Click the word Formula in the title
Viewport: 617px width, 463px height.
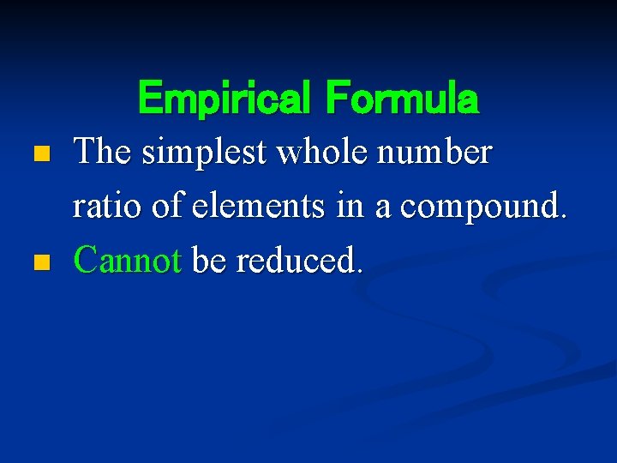coord(401,98)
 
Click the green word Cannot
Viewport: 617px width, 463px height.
coord(127,259)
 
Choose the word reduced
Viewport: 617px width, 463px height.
coord(295,259)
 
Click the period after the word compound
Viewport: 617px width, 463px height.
coord(563,216)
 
